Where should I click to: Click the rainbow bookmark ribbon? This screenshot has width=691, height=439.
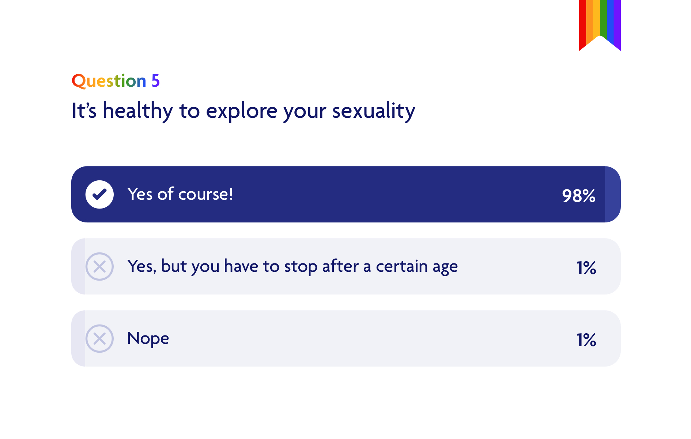coord(600,20)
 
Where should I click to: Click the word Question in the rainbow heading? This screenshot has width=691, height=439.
coord(109,81)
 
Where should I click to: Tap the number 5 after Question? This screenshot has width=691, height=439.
coord(155,81)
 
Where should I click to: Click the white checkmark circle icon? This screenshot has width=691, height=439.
coord(99,195)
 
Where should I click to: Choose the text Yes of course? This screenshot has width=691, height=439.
coord(180,194)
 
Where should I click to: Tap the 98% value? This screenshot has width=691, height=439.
coord(578,196)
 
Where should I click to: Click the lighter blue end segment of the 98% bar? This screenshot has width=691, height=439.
coord(612,194)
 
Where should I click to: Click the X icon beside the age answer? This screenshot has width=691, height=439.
coord(99,267)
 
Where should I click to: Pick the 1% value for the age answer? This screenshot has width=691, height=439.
coord(586,268)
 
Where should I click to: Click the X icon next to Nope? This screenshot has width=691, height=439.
coord(99,339)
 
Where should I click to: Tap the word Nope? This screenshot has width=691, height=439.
coord(148,339)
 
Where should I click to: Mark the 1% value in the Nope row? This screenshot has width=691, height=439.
coord(586,340)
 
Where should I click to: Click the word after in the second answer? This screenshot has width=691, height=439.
coord(340,266)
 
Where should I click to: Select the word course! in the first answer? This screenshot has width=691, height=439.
coord(205,194)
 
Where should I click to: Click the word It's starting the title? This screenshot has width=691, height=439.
coord(84,111)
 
